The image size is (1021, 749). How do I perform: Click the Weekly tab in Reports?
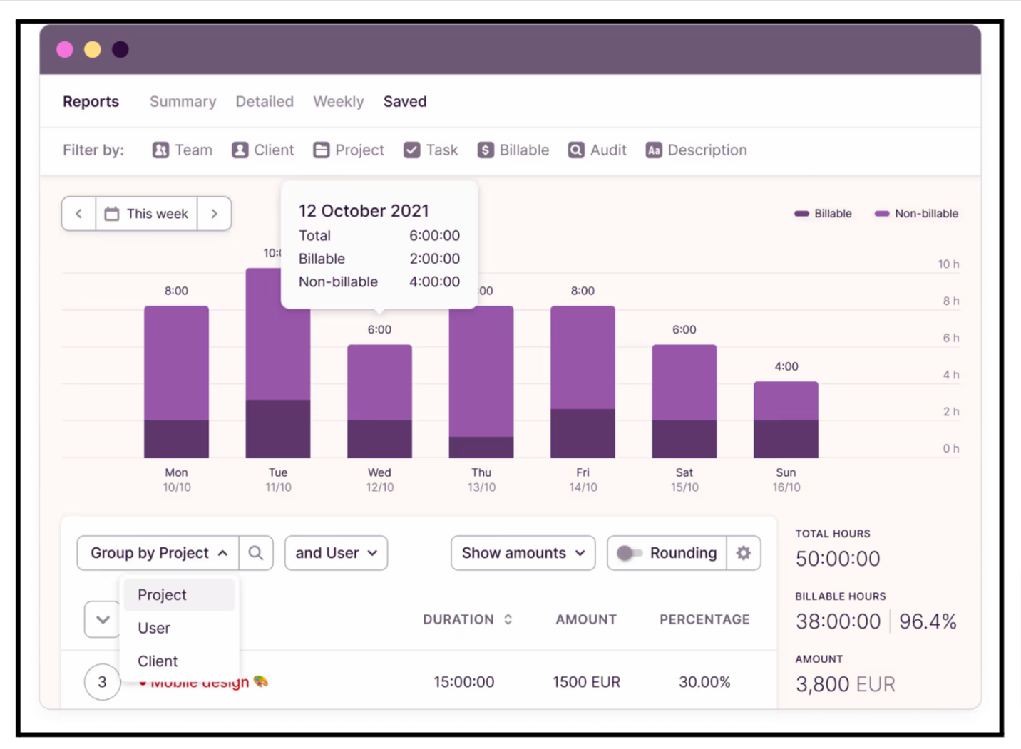(x=338, y=102)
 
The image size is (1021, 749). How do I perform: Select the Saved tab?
(x=404, y=102)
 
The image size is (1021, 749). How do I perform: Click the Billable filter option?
(x=513, y=150)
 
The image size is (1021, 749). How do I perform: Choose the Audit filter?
(x=597, y=150)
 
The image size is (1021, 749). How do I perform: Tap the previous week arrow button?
(x=79, y=214)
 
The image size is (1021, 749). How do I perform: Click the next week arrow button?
(x=214, y=214)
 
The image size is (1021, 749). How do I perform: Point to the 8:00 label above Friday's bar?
(x=583, y=291)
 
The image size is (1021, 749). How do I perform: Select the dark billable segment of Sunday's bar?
(x=786, y=439)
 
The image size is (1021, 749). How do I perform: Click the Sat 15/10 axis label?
(x=684, y=480)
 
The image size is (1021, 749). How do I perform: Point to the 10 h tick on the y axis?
(x=948, y=264)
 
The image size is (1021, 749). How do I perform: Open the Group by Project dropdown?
(x=158, y=553)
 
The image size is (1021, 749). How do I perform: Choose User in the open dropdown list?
(x=154, y=628)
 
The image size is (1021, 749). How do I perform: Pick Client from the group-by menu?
(x=158, y=661)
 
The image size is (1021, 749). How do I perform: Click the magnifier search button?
(x=256, y=553)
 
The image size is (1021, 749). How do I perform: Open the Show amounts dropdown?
(x=523, y=553)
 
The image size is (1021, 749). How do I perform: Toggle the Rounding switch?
(x=629, y=553)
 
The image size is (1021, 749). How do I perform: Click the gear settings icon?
(x=744, y=553)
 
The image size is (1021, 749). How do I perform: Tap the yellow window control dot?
(x=93, y=50)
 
